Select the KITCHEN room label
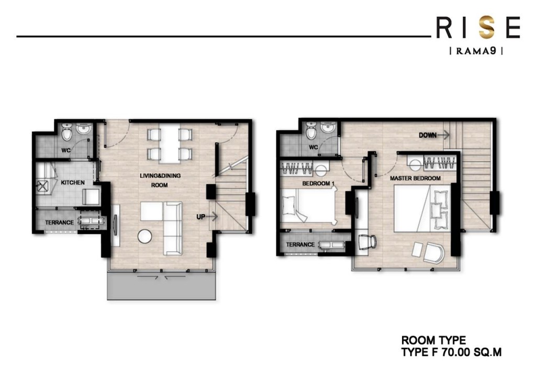point(73,183)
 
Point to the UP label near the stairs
point(202,216)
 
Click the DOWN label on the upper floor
point(428,135)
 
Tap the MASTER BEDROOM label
point(415,179)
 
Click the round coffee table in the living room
point(144,237)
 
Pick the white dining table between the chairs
point(168,144)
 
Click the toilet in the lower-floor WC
point(66,135)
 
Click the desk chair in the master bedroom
point(368,242)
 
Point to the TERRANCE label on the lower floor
point(59,222)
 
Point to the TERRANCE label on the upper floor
point(300,244)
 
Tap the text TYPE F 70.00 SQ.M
point(451,352)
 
